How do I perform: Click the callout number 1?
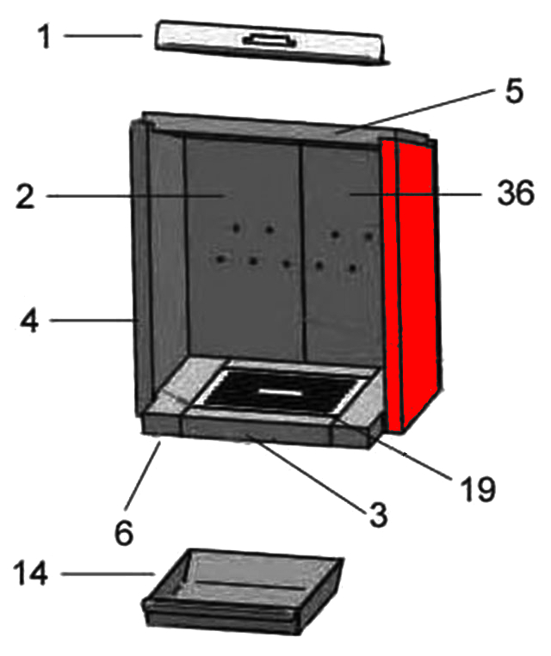44,36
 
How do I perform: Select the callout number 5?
514,91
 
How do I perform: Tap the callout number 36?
516,193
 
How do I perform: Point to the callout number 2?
25,197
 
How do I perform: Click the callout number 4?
29,322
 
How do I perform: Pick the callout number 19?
478,488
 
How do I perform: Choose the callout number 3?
378,515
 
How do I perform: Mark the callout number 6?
124,533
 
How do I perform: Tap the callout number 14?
31,573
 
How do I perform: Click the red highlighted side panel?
411,285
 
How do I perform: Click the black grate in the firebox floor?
279,391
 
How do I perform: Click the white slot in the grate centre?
280,392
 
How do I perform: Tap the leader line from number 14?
108,574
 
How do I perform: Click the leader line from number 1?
103,36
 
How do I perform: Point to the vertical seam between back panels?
301,251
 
